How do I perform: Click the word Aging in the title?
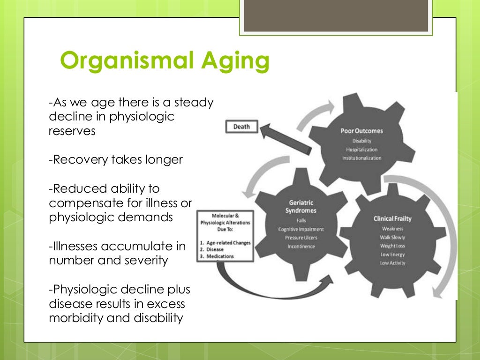click(240, 62)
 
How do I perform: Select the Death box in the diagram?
click(241, 126)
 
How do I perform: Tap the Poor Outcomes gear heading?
click(361, 131)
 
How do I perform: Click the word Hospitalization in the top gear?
click(361, 150)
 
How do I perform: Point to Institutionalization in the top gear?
click(361, 158)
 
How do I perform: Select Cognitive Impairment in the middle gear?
click(301, 229)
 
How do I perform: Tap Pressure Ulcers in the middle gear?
click(301, 238)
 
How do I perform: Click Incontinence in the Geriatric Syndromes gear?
click(301, 246)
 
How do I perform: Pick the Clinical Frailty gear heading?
click(393, 218)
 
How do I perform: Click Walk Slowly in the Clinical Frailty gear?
click(393, 238)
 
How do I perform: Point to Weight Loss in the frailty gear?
click(393, 246)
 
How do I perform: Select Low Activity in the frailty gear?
click(393, 263)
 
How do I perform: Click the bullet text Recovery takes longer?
click(116, 160)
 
